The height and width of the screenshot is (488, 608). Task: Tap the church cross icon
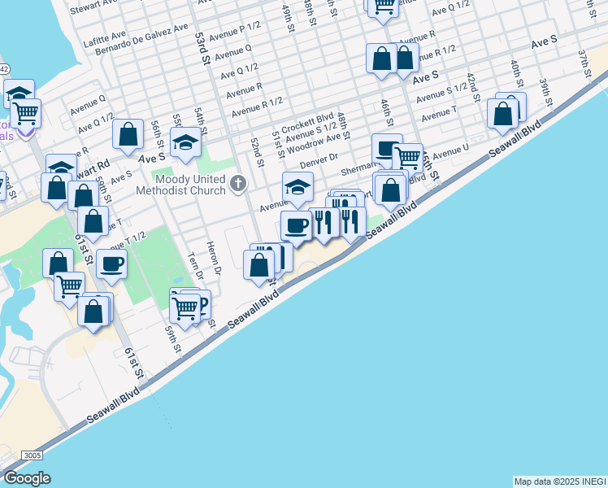pyautogui.click(x=238, y=183)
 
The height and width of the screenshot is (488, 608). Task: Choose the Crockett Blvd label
pyautogui.click(x=309, y=118)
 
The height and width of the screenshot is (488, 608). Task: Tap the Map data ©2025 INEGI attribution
pyautogui.click(x=560, y=481)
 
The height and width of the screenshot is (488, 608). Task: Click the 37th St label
pyautogui.click(x=584, y=59)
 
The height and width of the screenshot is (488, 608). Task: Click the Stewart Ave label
pyautogui.click(x=96, y=8)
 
